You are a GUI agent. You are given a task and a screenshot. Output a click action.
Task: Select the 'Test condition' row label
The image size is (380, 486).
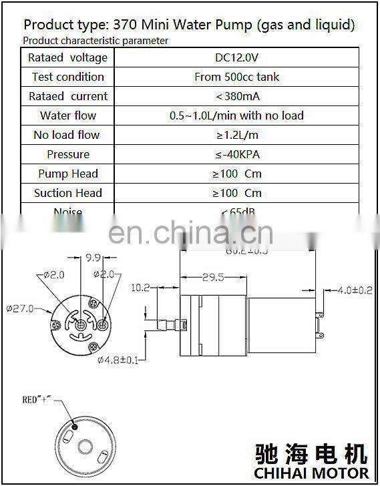pos(67,77)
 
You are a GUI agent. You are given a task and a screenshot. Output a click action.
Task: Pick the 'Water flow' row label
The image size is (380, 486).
pos(67,115)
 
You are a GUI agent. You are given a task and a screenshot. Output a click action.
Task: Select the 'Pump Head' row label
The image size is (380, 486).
pos(67,174)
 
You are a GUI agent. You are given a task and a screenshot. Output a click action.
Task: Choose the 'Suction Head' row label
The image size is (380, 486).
pos(67,193)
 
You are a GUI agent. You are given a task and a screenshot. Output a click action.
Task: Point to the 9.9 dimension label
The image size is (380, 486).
pos(93,256)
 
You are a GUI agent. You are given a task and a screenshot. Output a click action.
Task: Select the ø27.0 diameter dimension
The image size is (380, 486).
pos(21,308)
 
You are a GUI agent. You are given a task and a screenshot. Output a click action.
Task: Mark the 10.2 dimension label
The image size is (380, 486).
pos(140,288)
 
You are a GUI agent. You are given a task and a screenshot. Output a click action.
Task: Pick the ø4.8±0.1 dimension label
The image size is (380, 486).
pos(118,360)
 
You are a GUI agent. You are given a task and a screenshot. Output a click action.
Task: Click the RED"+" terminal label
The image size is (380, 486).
pos(36,400)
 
